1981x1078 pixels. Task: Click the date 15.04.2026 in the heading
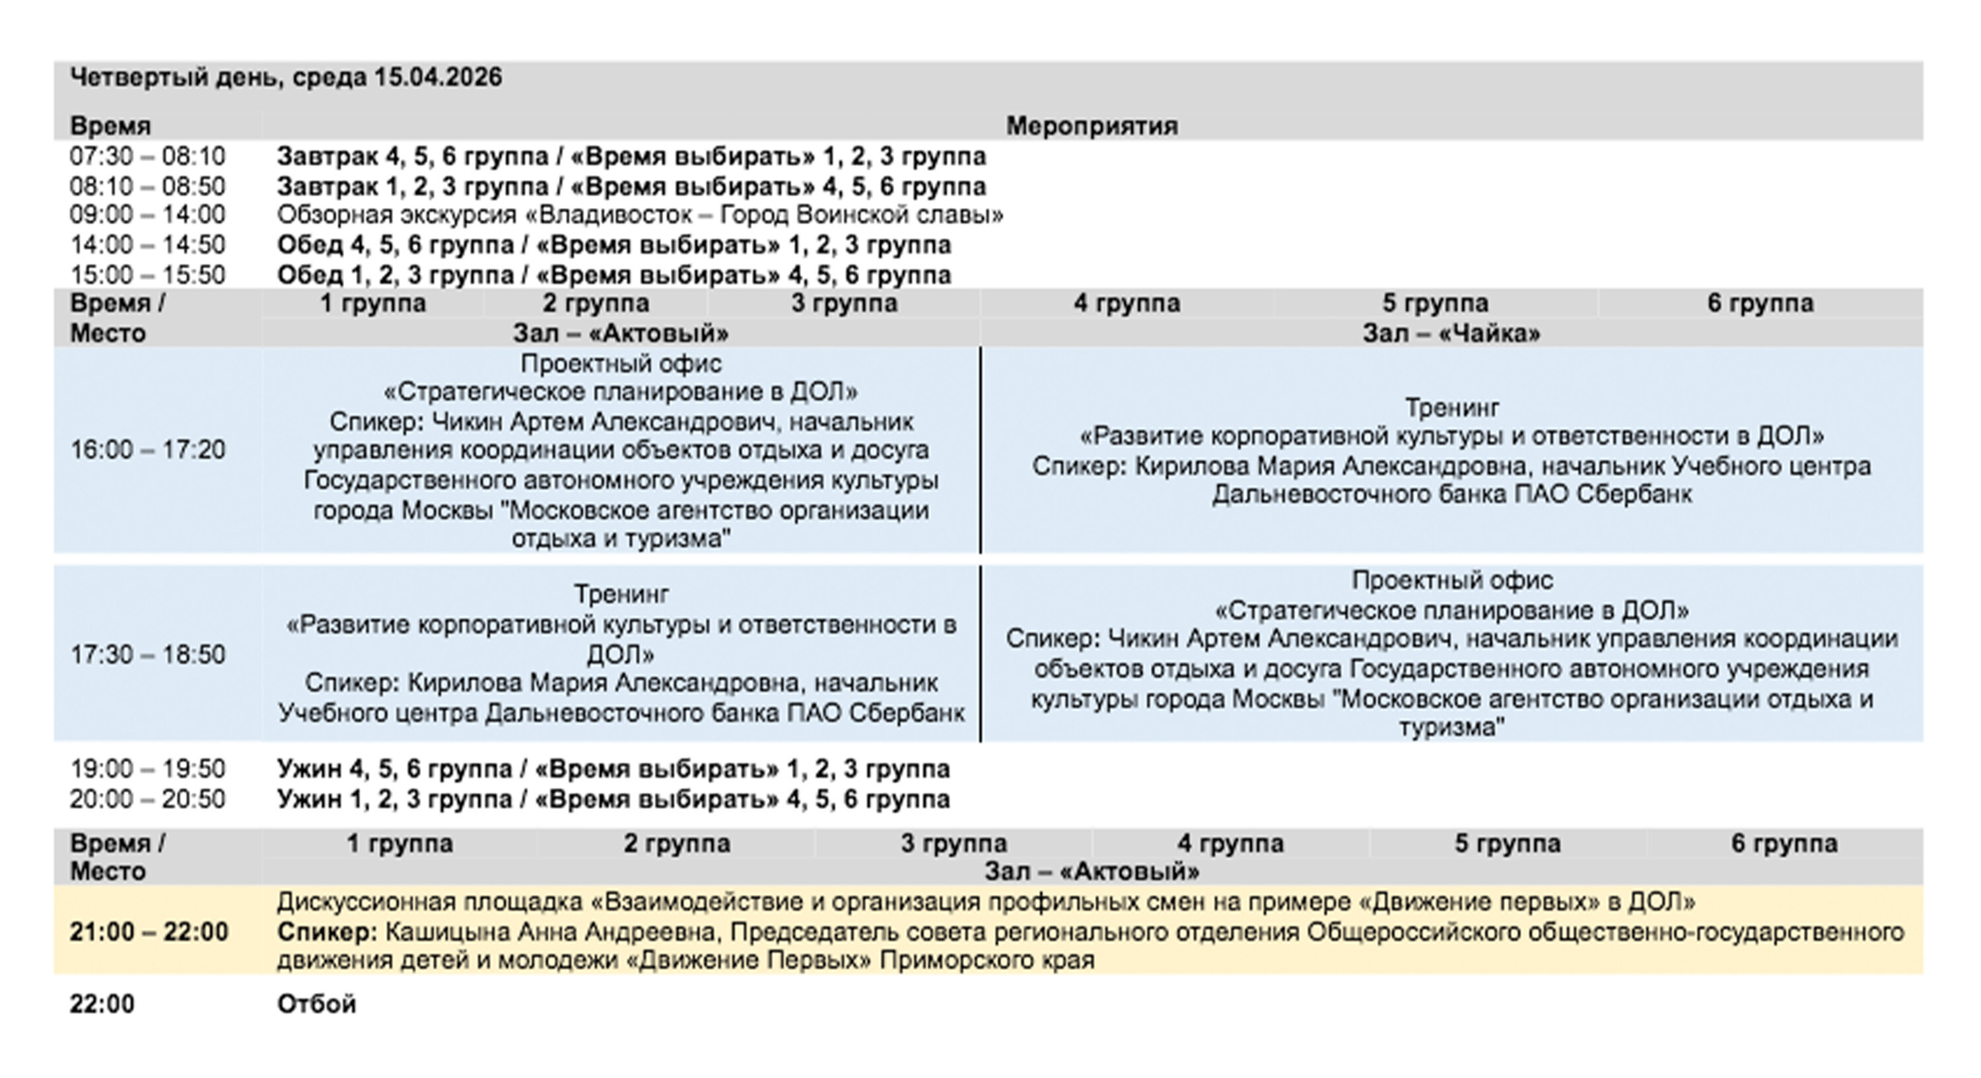(x=438, y=78)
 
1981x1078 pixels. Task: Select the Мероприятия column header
(x=1092, y=125)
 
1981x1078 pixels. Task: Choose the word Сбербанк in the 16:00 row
(x=1634, y=494)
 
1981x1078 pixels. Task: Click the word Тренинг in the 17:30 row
(x=621, y=593)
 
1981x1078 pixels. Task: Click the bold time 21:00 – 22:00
(x=149, y=932)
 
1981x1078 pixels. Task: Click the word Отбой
(x=316, y=1004)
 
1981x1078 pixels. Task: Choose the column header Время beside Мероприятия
(x=110, y=125)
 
